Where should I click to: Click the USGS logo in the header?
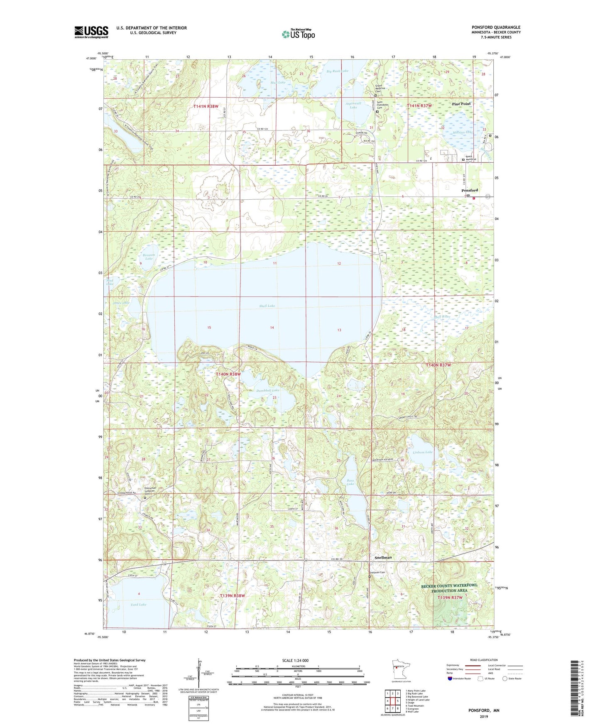(x=91, y=32)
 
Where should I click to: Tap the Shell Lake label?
(x=267, y=306)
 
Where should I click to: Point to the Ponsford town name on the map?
(x=470, y=190)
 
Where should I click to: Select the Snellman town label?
(x=383, y=557)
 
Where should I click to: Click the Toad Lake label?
(x=138, y=605)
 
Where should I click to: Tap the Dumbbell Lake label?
(x=267, y=390)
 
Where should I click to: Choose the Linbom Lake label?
(x=422, y=452)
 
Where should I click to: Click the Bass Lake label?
(x=350, y=482)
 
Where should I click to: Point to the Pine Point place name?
(x=462, y=104)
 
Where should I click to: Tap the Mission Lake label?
(x=463, y=132)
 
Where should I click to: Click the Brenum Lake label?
(x=148, y=257)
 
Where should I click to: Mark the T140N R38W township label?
(x=228, y=374)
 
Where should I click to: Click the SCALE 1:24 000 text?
(x=295, y=661)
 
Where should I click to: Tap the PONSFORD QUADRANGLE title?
(x=496, y=27)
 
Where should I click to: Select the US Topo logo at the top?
(x=298, y=34)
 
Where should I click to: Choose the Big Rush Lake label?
(x=337, y=71)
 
